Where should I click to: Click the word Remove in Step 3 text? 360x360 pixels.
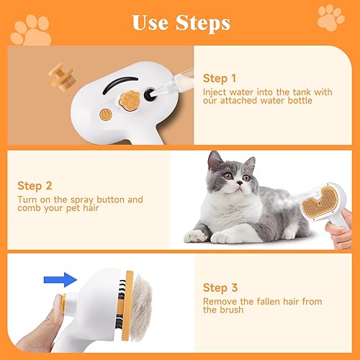coord(220,301)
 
